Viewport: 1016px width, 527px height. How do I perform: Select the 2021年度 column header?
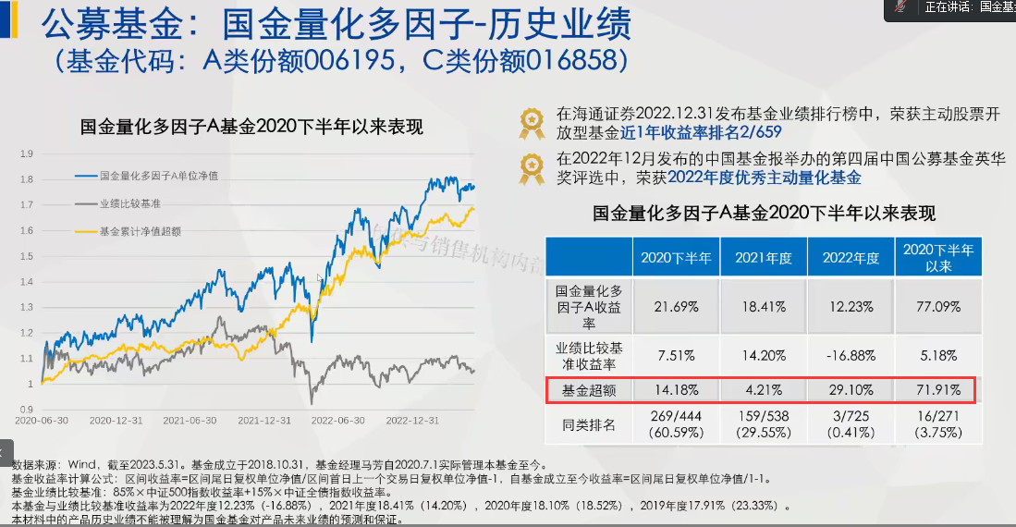[x=763, y=258]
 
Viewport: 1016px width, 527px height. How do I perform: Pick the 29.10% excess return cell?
[x=850, y=390]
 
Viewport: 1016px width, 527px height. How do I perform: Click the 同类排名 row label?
[x=588, y=424]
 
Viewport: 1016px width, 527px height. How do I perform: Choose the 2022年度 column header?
[x=850, y=258]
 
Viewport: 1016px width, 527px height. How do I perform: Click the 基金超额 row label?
[x=588, y=390]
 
